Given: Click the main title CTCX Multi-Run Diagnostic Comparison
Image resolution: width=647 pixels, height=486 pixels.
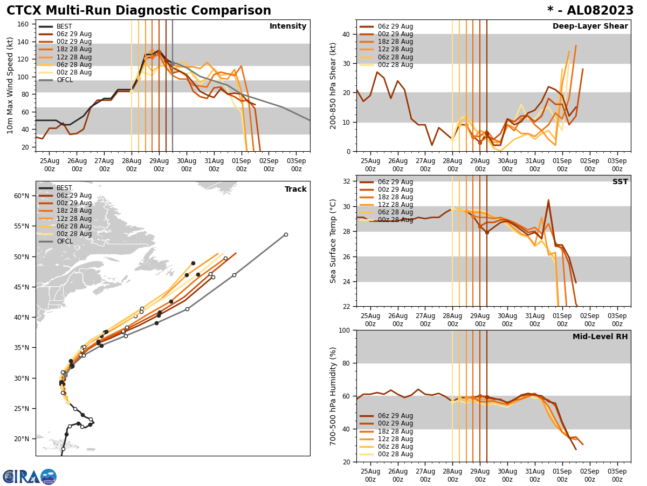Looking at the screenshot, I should point(139,11).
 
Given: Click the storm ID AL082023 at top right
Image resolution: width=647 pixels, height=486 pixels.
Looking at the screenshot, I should point(590,11).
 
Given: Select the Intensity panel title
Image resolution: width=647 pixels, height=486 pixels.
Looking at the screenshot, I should point(288,26).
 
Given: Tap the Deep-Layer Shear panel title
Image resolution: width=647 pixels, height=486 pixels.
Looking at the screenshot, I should point(590,26).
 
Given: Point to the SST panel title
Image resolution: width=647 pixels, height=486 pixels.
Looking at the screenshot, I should point(620,182).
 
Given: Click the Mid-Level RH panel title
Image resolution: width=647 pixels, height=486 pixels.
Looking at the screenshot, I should point(600,337).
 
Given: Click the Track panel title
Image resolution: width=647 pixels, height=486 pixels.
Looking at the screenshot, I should point(295,190).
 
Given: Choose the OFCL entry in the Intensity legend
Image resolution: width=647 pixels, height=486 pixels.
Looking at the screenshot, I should point(65,80).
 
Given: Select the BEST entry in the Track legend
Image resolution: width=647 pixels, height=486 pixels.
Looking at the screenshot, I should point(64,188).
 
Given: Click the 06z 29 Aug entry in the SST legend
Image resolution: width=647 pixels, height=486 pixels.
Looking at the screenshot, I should point(396,182).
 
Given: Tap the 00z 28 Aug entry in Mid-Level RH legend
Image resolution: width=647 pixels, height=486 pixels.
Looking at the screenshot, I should point(396,454).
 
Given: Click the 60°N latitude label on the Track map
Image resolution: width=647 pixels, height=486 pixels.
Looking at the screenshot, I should point(21,196).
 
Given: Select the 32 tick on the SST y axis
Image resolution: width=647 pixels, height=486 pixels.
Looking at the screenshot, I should point(347,181).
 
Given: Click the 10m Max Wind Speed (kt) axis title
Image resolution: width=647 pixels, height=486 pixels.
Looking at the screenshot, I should point(10,85).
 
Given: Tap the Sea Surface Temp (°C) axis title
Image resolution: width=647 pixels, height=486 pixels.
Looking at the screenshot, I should point(333,241).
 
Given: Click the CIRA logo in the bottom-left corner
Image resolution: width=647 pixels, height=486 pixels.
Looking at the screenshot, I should point(29,476).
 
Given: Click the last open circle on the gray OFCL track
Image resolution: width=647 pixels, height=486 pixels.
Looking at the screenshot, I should point(286,234).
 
